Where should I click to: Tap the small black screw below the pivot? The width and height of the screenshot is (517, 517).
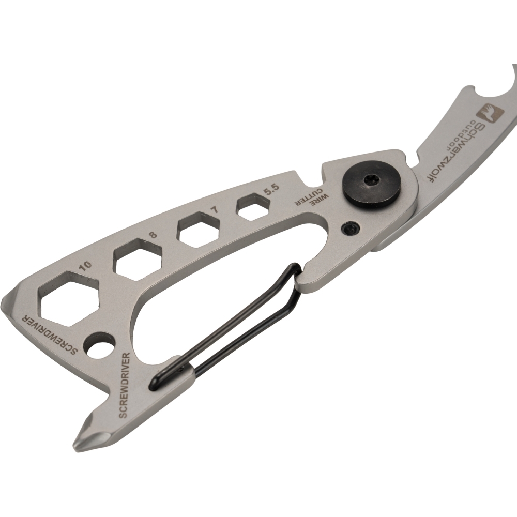[350, 229]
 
